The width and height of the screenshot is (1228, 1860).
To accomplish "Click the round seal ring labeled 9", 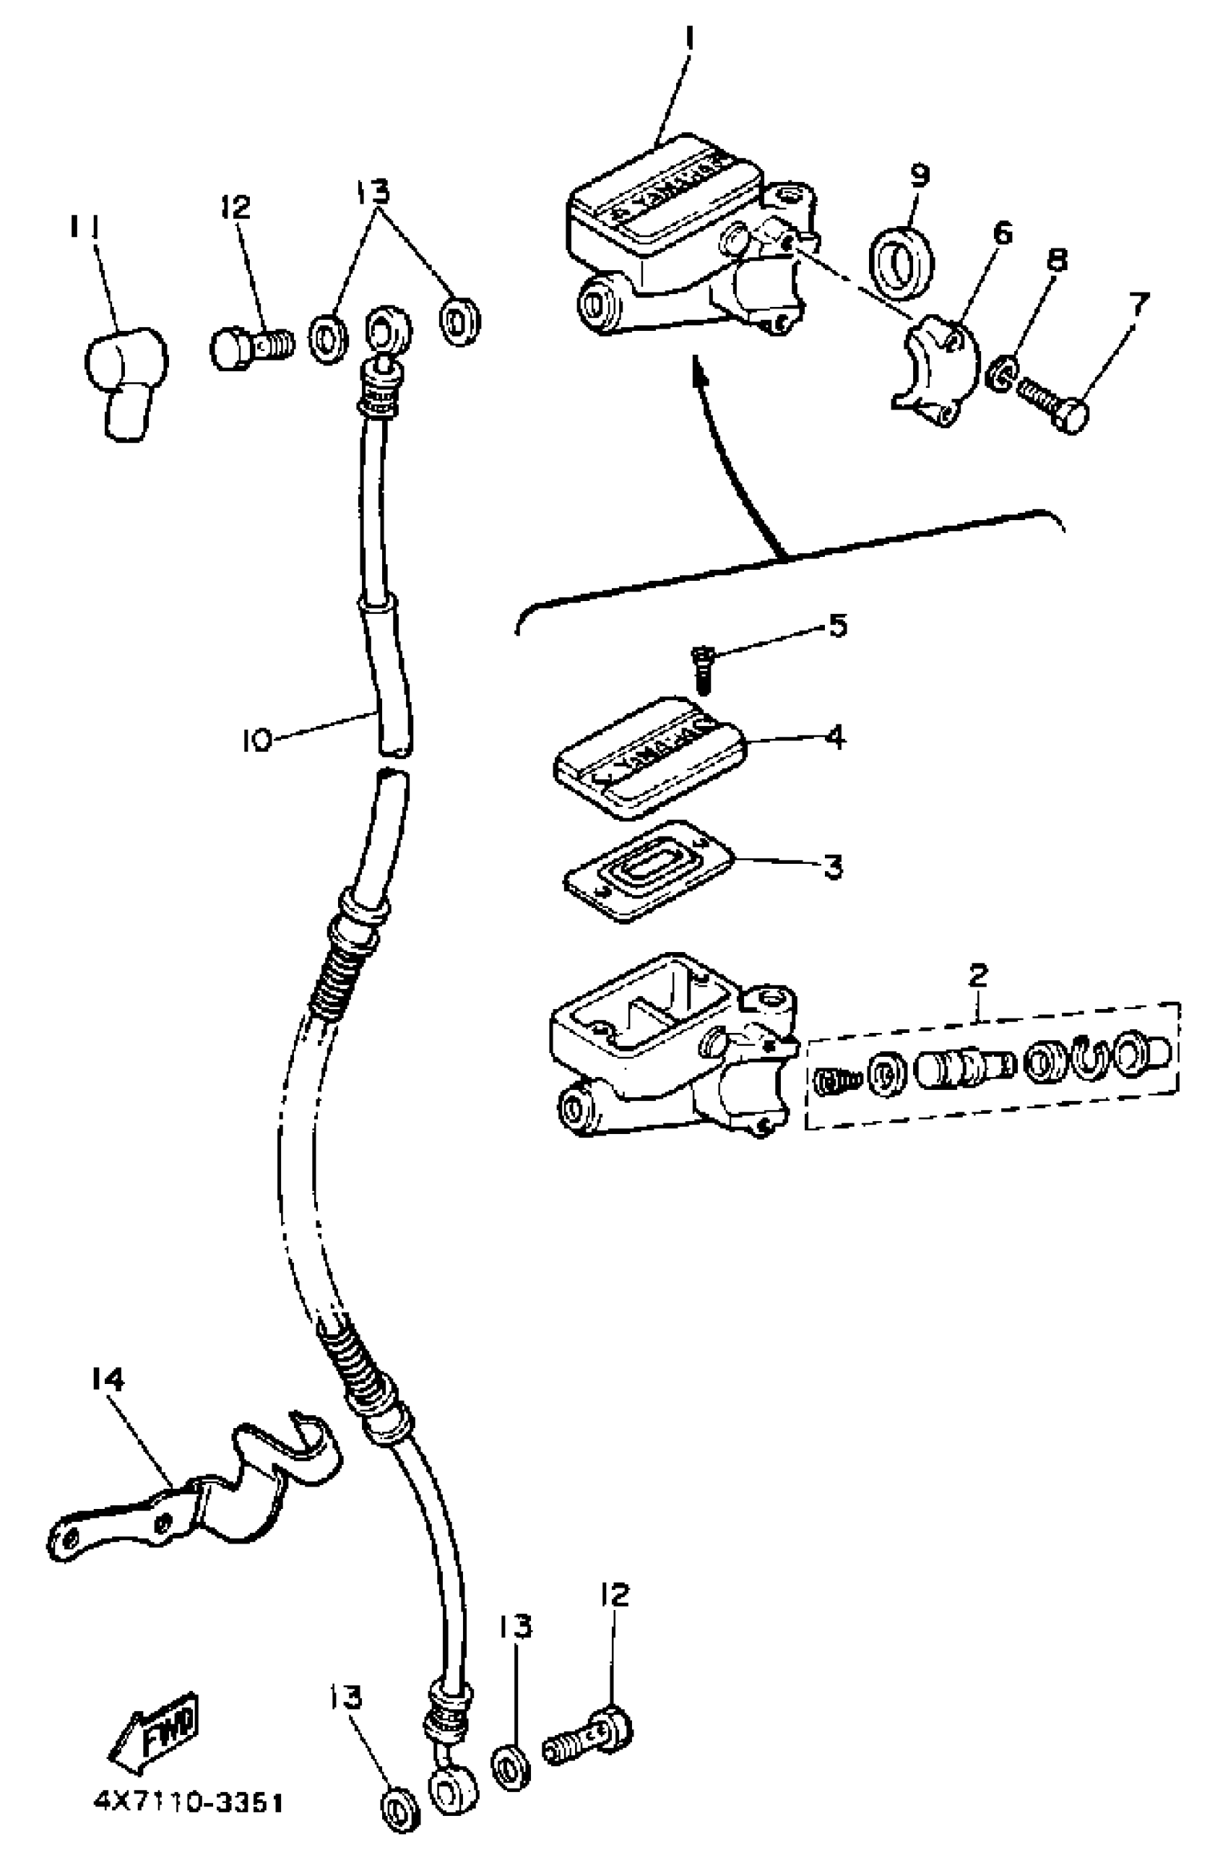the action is coord(902,263).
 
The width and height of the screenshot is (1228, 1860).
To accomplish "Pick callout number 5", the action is coord(837,626).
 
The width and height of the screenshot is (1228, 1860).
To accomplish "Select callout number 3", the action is coord(832,866).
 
